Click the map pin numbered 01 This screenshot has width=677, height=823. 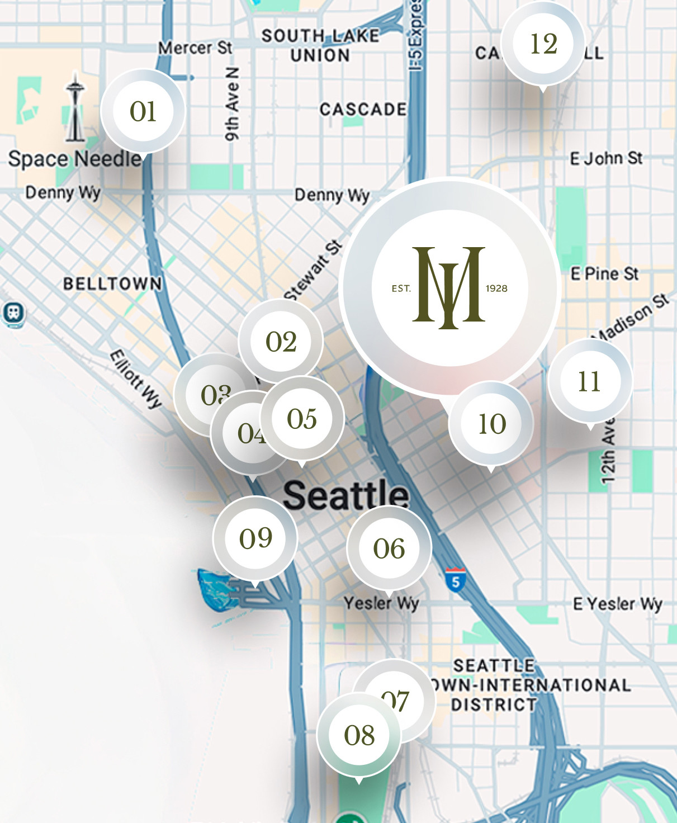point(143,111)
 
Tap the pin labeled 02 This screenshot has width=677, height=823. point(281,342)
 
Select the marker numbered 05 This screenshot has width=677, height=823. point(302,418)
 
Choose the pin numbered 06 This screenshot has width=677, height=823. point(389,548)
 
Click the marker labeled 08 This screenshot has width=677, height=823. point(359,735)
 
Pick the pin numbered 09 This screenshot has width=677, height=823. point(255,538)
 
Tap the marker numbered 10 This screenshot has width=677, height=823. point(491,424)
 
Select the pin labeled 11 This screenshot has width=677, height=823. point(590,381)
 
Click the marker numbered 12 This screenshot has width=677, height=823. point(543,44)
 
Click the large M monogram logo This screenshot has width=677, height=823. point(449,287)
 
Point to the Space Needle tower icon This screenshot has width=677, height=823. point(74,107)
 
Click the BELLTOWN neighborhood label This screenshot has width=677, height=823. point(112,283)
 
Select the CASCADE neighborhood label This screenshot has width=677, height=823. point(363,109)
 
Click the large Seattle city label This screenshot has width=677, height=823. point(346,495)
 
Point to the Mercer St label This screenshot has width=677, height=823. point(195,48)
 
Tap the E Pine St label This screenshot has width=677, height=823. point(605,274)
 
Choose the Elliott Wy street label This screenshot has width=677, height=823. point(136,379)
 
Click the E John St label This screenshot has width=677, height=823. point(607,159)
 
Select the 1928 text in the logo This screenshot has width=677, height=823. point(496,288)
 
